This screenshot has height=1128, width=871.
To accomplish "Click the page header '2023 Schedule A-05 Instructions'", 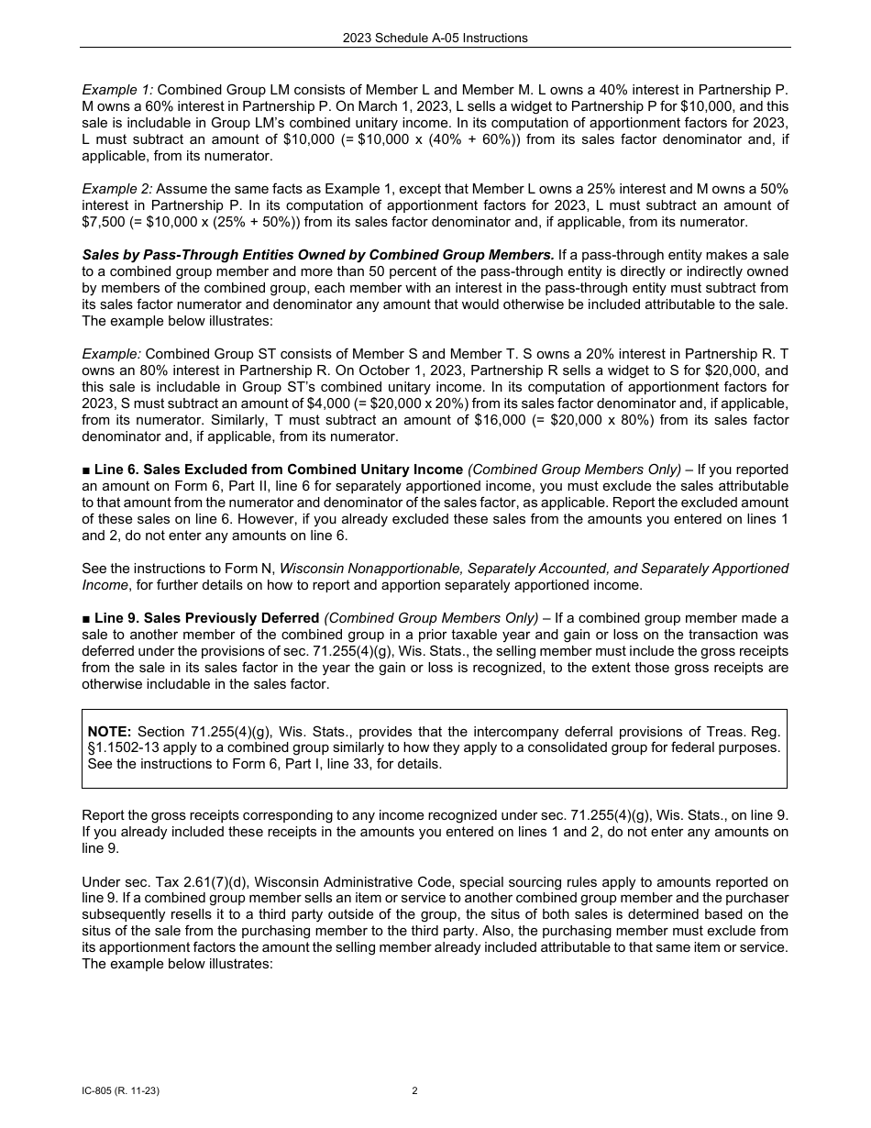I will point(435,38).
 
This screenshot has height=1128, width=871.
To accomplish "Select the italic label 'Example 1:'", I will point(117,90).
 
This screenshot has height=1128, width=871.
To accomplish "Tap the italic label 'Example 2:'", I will point(117,189).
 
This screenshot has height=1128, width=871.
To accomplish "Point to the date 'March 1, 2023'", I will point(339,106).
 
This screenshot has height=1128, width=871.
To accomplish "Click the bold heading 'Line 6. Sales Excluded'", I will point(279,470).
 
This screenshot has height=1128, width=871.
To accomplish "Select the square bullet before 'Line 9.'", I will point(86,618).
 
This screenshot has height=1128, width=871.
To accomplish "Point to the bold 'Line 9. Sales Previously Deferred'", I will point(206,618).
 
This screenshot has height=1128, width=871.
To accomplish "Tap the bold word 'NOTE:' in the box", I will point(109,731).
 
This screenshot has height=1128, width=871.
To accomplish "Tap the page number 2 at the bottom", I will point(414,1091).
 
